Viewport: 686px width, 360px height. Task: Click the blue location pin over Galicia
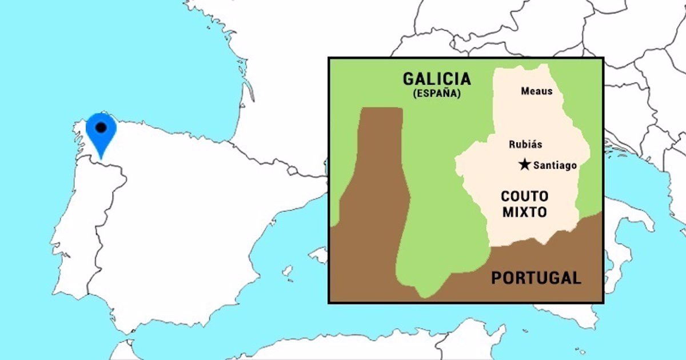(x=101, y=134)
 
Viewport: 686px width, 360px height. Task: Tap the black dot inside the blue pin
(x=101, y=128)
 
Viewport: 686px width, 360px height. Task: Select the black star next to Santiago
(x=524, y=165)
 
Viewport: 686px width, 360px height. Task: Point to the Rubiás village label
(x=525, y=145)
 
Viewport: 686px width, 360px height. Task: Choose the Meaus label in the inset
(x=537, y=91)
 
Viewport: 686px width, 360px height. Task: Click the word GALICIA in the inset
(x=437, y=79)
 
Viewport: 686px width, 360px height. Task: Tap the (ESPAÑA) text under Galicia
(x=437, y=94)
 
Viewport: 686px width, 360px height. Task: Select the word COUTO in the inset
(x=524, y=197)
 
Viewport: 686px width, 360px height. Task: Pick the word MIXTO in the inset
(x=524, y=213)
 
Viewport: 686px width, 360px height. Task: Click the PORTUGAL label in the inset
(x=536, y=278)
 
